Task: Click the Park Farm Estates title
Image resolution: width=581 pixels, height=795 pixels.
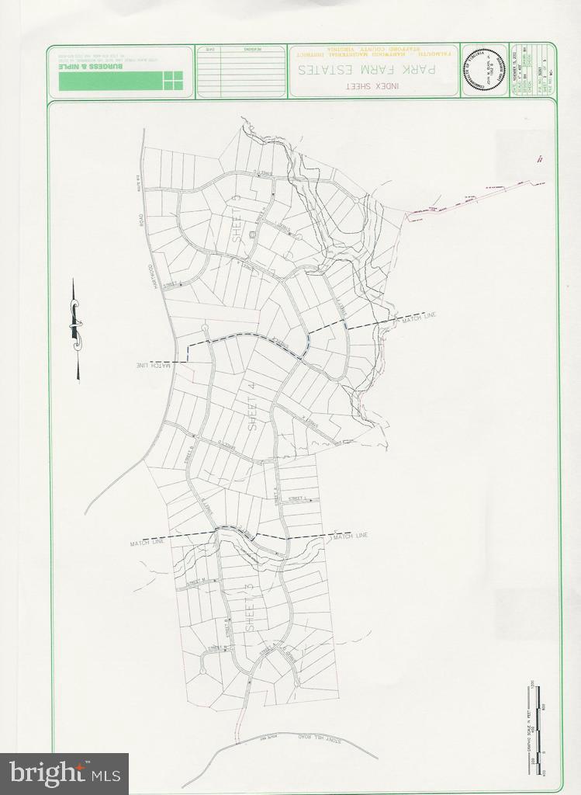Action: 373,69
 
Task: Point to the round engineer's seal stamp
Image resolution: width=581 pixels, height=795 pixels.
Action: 485,70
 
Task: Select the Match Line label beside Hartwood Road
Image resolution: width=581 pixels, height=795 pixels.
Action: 154,365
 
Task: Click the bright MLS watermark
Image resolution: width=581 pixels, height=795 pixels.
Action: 64,772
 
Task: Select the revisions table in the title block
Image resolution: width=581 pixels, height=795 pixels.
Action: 241,71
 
